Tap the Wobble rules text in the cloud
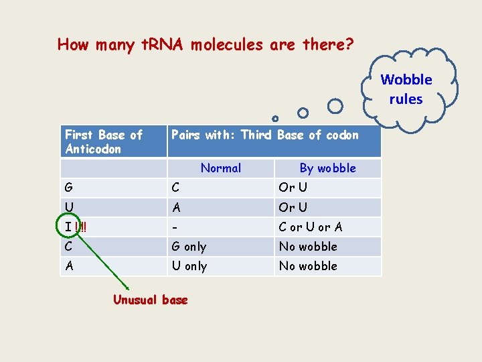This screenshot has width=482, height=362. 406,89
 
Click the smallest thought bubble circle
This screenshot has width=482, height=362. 274,119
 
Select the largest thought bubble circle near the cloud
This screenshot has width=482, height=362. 335,106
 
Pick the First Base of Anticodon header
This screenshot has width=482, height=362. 103,141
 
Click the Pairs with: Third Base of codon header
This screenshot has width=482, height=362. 265,135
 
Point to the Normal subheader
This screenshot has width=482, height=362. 221,168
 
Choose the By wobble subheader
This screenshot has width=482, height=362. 327,168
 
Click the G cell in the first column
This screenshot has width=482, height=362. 70,188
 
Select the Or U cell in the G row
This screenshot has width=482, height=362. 293,188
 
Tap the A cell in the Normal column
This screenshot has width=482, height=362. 176,207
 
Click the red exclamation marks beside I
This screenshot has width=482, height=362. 82,227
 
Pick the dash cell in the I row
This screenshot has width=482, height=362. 174,227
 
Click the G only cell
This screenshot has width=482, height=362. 189,246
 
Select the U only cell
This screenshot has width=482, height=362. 189,265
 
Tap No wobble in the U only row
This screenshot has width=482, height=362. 308,265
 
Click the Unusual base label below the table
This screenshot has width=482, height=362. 151,300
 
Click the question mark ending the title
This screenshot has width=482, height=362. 350,45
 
